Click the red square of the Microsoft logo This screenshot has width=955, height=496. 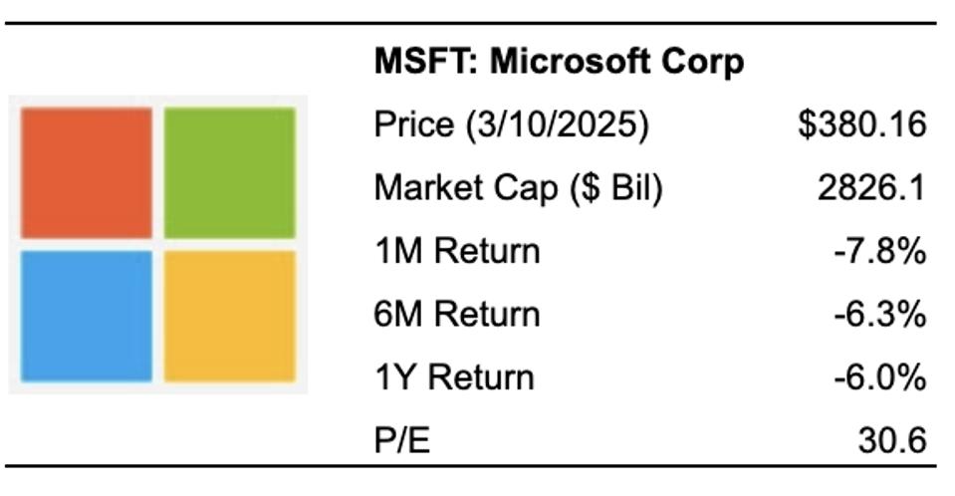point(87,171)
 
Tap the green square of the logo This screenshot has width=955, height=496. point(230,171)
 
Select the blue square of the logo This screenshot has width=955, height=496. point(87,315)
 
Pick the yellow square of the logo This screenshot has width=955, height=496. point(230,315)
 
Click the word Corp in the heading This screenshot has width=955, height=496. point(709,63)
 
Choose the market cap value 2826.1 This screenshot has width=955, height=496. point(873,188)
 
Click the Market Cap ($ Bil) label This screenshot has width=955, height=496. point(518,188)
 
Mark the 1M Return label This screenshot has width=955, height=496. point(456,251)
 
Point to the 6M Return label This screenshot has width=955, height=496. point(456,315)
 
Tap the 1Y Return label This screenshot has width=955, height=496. point(453,377)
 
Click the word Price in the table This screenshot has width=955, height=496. point(406,125)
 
